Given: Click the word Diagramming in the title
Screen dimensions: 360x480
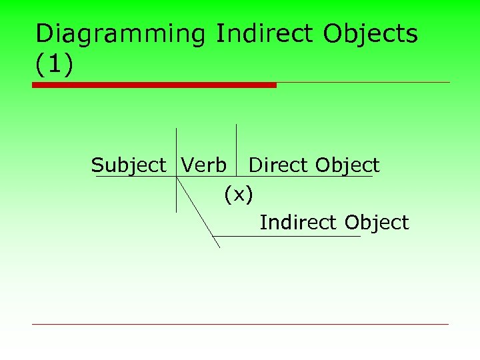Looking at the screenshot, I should (x=123, y=34).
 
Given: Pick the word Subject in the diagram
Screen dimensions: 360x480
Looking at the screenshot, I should (x=129, y=165).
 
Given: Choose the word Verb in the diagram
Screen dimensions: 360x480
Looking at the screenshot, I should (x=204, y=165).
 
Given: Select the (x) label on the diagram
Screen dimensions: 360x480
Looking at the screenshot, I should (x=239, y=195).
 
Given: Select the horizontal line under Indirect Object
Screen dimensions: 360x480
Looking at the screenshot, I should (x=287, y=236).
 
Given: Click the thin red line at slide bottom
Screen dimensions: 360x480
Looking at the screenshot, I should (x=240, y=324).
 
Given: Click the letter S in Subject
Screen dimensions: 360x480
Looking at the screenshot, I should (x=97, y=165).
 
